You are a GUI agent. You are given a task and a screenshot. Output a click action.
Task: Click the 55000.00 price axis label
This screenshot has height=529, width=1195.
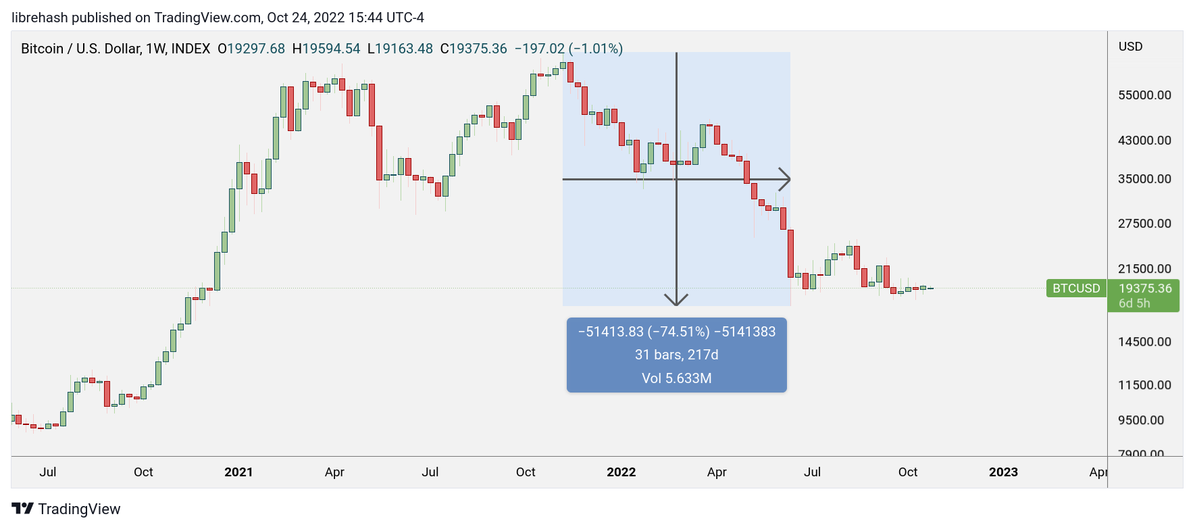[1144, 95]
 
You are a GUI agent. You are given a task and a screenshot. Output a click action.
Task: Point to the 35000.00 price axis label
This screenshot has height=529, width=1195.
[1144, 179]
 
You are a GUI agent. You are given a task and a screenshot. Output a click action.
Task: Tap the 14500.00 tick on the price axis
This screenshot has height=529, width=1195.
[1144, 342]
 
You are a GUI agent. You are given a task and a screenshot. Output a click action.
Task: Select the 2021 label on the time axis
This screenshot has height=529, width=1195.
[238, 472]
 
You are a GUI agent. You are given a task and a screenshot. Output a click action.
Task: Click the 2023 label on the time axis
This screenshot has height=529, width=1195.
[1003, 472]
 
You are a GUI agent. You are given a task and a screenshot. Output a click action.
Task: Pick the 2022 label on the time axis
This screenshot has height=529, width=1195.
[621, 472]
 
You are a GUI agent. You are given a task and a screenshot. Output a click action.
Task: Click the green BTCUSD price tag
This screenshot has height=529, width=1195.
[1076, 288]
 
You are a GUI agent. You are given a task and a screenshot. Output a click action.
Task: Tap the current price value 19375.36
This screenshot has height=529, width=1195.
[1145, 288]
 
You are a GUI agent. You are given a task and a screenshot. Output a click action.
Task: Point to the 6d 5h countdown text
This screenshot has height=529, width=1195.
[1134, 303]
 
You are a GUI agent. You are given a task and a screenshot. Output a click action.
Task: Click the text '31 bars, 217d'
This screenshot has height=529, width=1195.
[677, 355]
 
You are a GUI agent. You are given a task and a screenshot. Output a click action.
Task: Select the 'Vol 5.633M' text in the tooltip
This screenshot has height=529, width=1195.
[677, 378]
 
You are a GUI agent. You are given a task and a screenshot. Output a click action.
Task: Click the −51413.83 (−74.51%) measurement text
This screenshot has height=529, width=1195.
[644, 332]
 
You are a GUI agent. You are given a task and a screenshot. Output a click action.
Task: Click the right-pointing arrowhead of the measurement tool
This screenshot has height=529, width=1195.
[786, 179]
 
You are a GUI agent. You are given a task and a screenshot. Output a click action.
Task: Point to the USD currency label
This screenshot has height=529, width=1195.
[1131, 47]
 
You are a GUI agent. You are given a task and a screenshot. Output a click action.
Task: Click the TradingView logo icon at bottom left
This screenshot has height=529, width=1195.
[22, 509]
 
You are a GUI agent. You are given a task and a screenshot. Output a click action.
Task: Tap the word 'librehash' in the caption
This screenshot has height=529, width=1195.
[40, 18]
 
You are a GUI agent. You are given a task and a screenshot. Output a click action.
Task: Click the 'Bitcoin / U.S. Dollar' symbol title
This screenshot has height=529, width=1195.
[80, 49]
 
